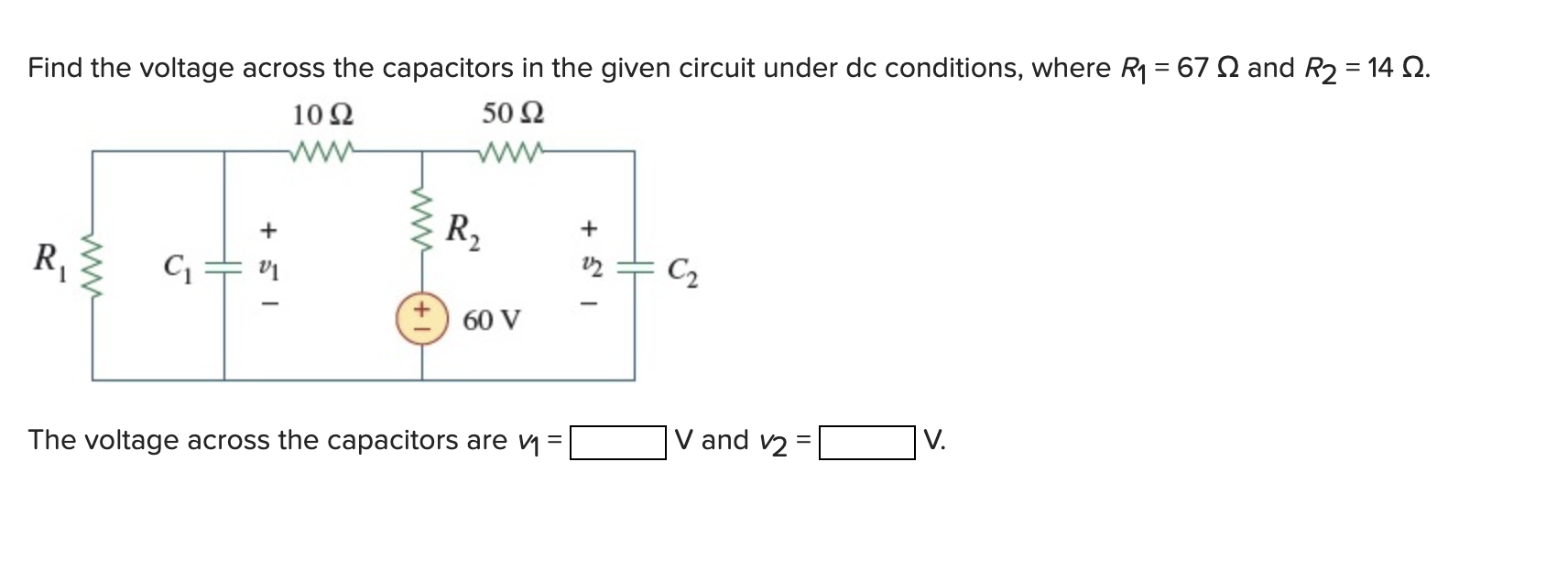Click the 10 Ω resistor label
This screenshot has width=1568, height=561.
tap(322, 115)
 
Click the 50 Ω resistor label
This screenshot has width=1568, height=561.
tap(513, 114)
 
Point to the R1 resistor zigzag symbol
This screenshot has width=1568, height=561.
tap(93, 264)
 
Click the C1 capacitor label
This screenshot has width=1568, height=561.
tap(178, 268)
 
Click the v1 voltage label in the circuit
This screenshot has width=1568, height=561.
tap(267, 269)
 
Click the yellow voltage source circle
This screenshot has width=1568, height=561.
tap(421, 318)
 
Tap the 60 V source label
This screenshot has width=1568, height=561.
tap(492, 321)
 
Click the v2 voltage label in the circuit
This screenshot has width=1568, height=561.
tap(590, 266)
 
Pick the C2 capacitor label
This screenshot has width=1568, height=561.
tap(682, 271)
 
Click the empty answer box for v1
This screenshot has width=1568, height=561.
tap(617, 443)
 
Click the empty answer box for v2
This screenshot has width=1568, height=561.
tap(866, 443)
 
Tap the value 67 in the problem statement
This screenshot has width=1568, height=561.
tap(1192, 68)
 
